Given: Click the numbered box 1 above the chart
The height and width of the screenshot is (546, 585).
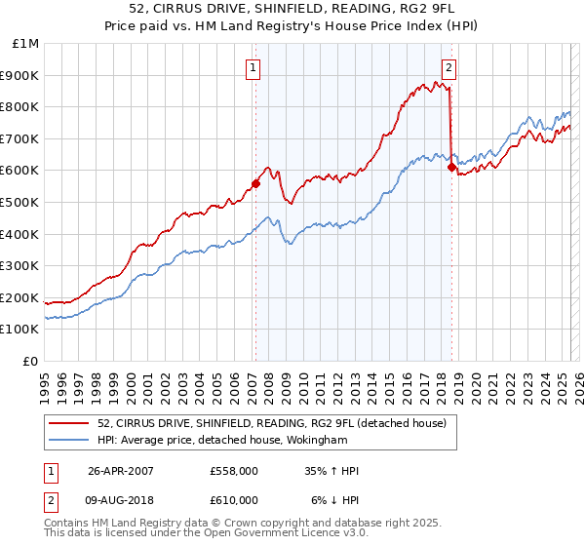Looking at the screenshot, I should (x=253, y=68).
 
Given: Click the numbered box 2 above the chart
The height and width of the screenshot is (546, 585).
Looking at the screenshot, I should (x=448, y=68).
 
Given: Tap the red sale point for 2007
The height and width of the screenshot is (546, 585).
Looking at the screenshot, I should (x=255, y=182).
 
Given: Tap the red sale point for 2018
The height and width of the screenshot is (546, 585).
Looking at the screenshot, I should (x=451, y=167).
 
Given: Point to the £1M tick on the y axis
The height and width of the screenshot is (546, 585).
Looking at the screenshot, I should (x=26, y=44).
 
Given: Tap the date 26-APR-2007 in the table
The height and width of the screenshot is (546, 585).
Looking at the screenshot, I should (x=121, y=471).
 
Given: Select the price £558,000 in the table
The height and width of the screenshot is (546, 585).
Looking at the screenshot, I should (x=233, y=471).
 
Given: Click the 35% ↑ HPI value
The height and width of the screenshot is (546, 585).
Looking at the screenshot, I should (x=331, y=471).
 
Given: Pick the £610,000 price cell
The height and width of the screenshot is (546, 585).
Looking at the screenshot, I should (x=233, y=500).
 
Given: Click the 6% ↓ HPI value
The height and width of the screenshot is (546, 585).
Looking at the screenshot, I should (x=334, y=500).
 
